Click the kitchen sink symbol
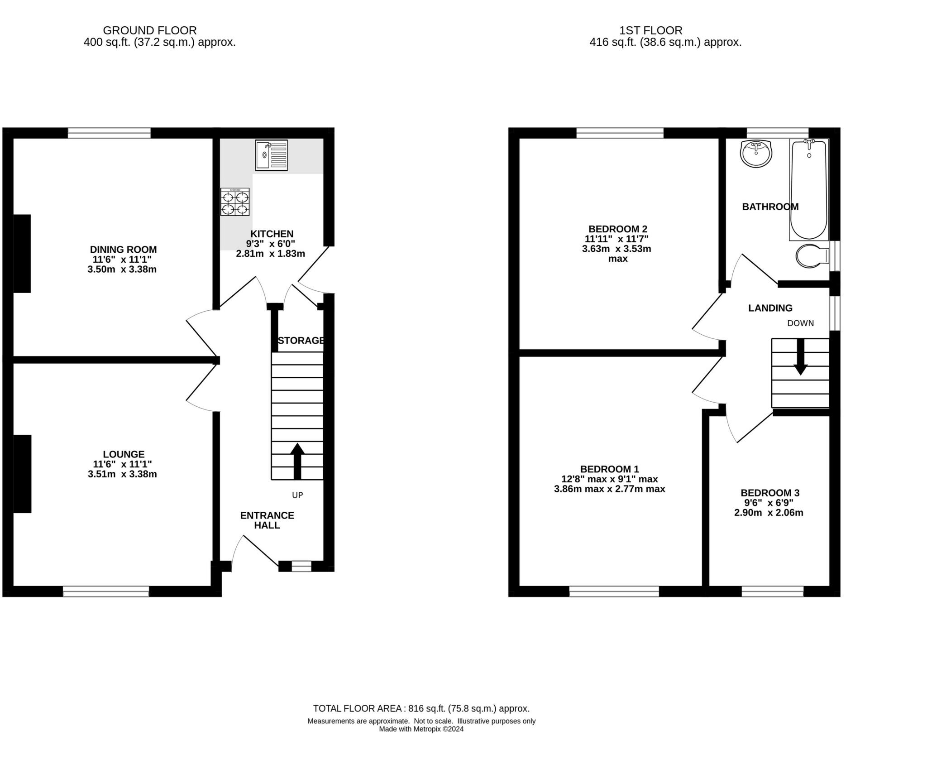point(271,155)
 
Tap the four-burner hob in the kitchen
point(235,202)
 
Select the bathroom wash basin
point(756,154)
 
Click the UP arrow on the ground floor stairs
point(297,461)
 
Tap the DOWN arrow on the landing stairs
point(800,357)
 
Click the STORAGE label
point(301,341)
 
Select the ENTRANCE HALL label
point(267,520)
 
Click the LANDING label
point(770,308)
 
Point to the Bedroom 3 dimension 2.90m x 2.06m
point(769,513)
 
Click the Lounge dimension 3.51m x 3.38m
point(122,474)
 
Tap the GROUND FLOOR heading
point(150,30)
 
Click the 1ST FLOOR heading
point(651,30)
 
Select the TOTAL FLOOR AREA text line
point(421,708)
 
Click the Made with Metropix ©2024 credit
point(421,729)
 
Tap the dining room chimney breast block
point(22,254)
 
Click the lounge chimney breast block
point(22,474)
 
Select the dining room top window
point(109,133)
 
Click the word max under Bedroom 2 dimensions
point(618,259)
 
